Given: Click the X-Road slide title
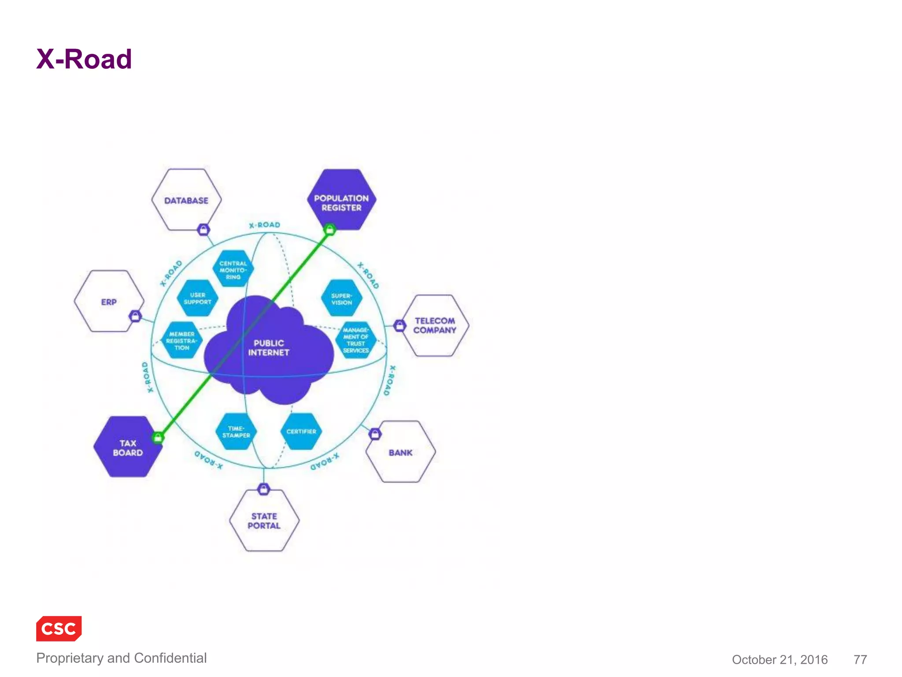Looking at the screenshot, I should coord(84,59).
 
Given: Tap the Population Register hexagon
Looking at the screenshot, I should coord(341,201).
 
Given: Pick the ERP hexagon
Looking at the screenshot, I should coord(109,301).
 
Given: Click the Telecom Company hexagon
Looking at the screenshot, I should coord(435,326).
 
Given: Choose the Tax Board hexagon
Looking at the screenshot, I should coord(127,447).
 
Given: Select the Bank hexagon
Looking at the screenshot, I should coord(400,452).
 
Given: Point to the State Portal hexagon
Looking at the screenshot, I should coord(264,521).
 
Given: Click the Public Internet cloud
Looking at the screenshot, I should coord(269,348).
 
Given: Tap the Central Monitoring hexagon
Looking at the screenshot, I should coord(233,269).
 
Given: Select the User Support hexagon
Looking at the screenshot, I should coord(197,298).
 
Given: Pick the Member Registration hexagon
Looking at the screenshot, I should coord(181,341).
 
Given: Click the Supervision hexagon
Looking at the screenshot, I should coord(342,299).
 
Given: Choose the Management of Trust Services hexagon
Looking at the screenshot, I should coord(356,340).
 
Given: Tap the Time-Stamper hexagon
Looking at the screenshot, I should coord(236,431).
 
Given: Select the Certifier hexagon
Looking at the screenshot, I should coord(301,431).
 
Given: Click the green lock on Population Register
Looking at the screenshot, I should coord(329,229).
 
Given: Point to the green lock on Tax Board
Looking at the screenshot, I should coord(158,437).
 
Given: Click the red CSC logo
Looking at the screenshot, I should coord(59,629).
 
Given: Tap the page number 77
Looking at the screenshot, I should coord(860,659).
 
